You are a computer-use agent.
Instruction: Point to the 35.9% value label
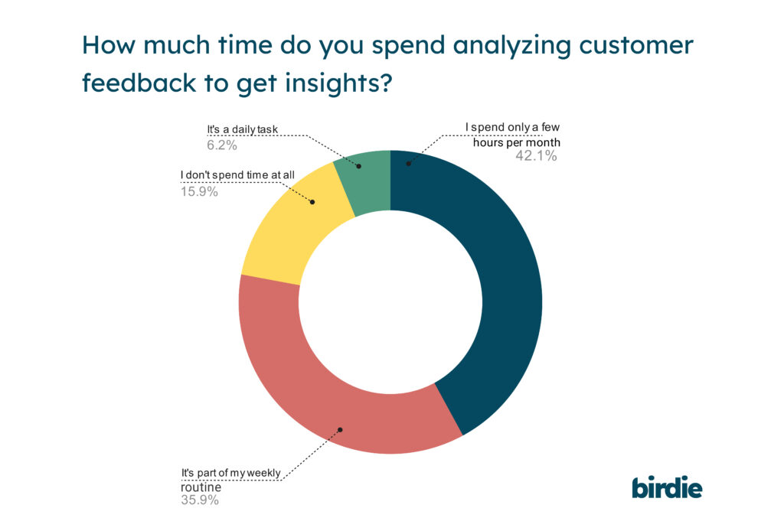tap(200, 500)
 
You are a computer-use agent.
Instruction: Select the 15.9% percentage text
tap(198, 191)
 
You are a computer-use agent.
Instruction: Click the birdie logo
tap(667, 487)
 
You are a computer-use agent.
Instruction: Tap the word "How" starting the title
tap(106, 46)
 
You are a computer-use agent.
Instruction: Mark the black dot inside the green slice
tap(357, 163)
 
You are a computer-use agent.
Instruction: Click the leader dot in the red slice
tap(341, 429)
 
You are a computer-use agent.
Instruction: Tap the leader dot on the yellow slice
tap(312, 203)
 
